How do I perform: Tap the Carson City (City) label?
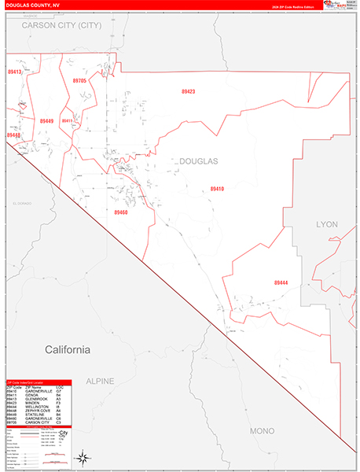62,25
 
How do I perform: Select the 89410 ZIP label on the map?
217,189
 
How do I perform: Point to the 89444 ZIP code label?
281,282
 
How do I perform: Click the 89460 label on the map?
120,212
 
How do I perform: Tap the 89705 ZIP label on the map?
79,81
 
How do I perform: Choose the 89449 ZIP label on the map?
46,121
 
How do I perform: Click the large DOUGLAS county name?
199,160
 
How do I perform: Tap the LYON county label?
326,224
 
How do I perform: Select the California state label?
68,349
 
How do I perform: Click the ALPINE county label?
100,381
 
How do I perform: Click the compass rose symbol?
83,455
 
